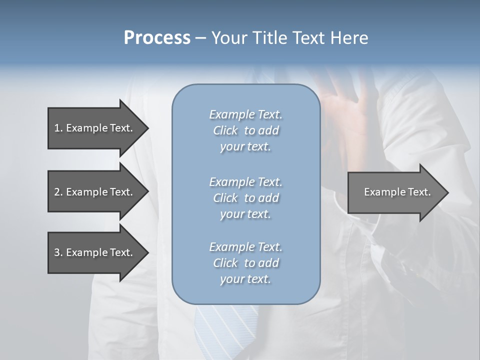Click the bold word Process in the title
[x=157, y=37]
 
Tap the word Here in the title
[x=348, y=37]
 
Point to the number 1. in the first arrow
[x=58, y=128]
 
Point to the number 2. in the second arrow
[x=58, y=192]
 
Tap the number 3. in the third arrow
[x=58, y=252]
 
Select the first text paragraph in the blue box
[x=245, y=130]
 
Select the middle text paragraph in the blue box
[x=245, y=198]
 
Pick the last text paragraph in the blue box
[x=245, y=263]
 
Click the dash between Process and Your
[x=200, y=38]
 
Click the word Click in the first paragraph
[x=225, y=130]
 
